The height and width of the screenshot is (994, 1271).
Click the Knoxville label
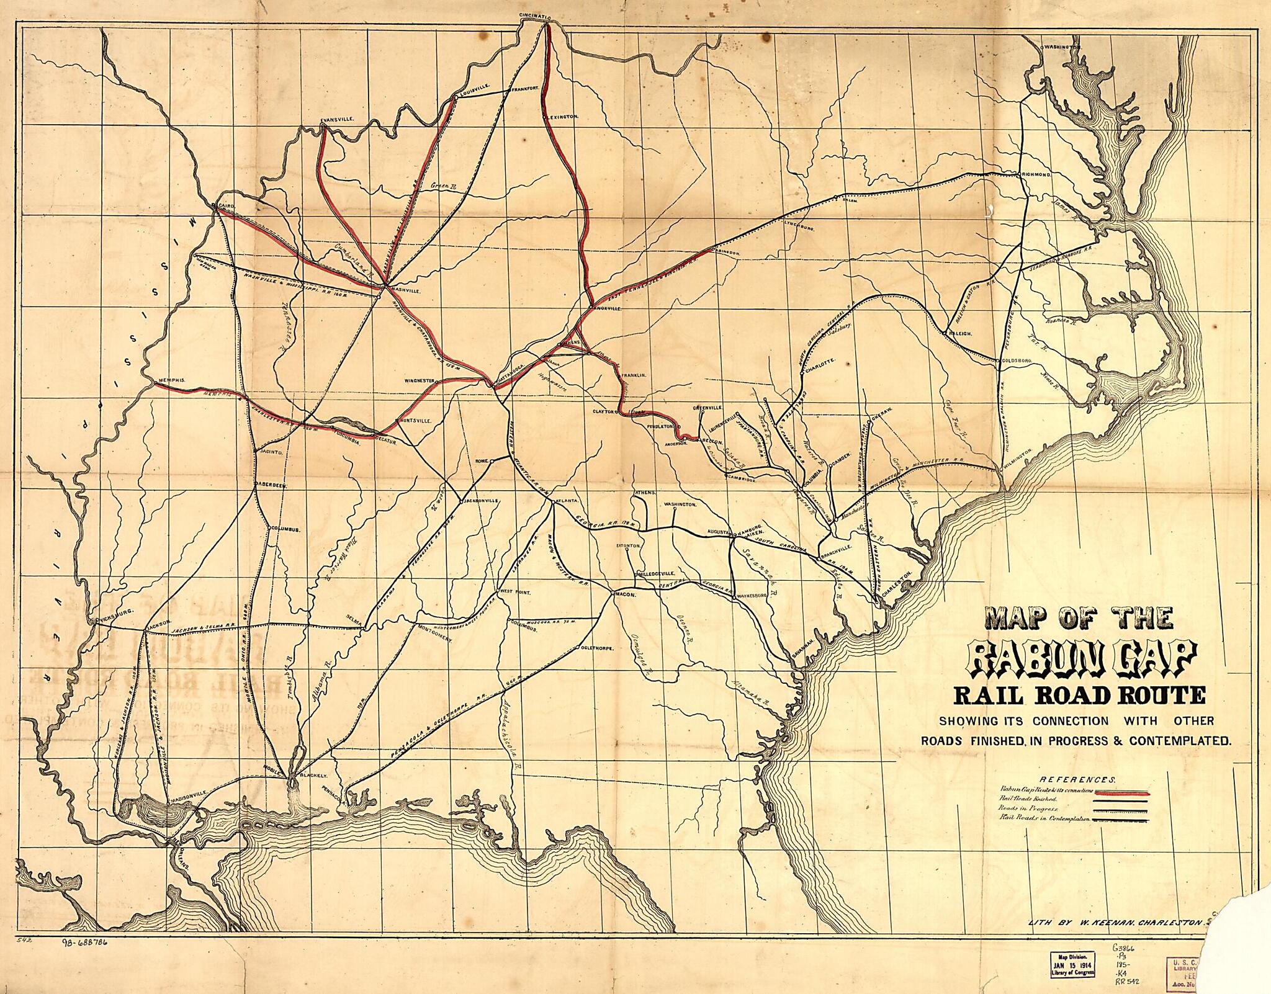[x=608, y=308]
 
